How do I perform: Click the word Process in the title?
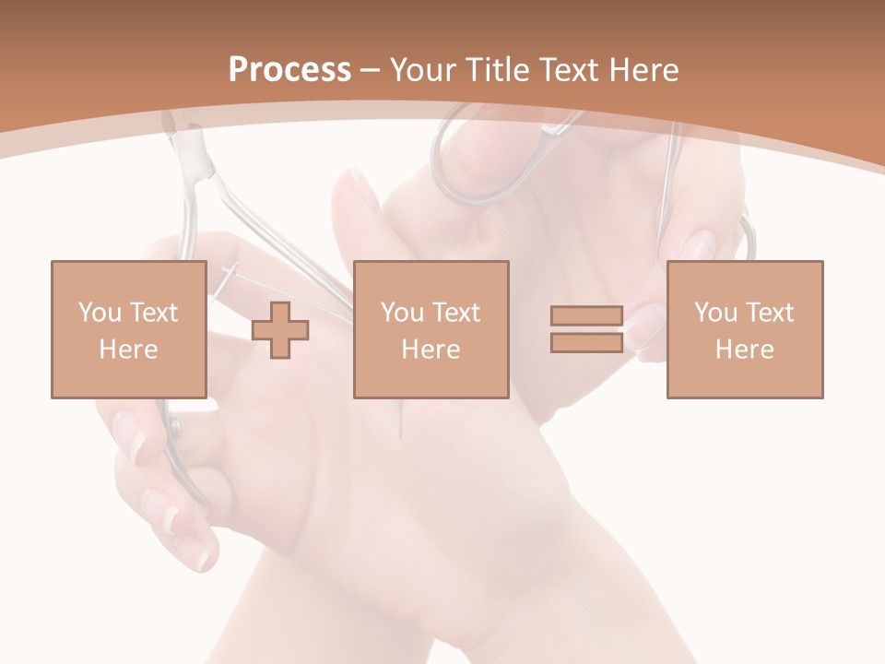click(289, 70)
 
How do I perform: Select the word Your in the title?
click(425, 70)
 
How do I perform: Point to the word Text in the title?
click(570, 70)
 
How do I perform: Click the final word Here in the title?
click(643, 70)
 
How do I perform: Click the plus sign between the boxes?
click(280, 329)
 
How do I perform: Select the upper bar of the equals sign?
click(586, 316)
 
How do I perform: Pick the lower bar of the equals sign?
click(586, 342)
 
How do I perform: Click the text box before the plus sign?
click(128, 329)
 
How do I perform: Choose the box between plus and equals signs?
click(431, 329)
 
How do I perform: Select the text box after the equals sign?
click(744, 329)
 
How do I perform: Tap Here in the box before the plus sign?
click(128, 350)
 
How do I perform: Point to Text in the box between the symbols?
click(456, 313)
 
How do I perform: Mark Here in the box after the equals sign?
click(744, 350)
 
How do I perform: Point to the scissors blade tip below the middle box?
click(401, 433)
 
